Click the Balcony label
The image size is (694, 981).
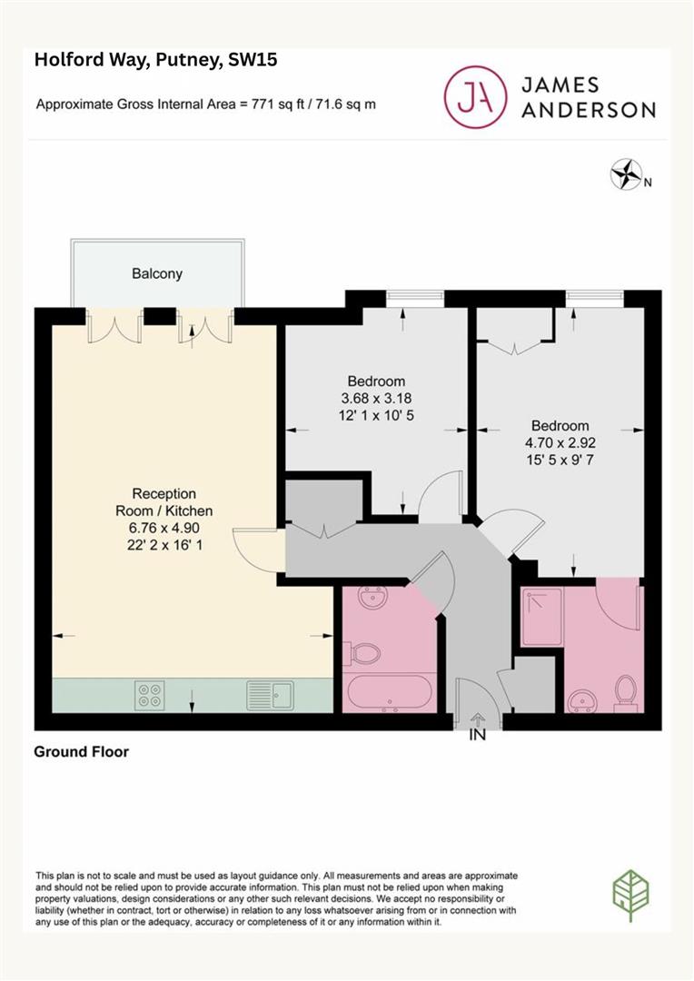[157, 274]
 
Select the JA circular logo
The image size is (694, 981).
[475, 97]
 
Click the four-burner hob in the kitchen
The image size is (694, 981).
[150, 695]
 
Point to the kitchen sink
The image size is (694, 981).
[270, 695]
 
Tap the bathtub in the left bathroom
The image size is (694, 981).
[387, 693]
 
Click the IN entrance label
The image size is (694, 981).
[478, 735]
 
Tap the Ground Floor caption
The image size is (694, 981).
[82, 752]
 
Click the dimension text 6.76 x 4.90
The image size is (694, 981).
[164, 528]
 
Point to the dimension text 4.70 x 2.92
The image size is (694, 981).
[560, 443]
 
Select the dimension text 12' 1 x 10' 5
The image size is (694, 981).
[376, 415]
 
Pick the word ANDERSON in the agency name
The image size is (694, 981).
[589, 110]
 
